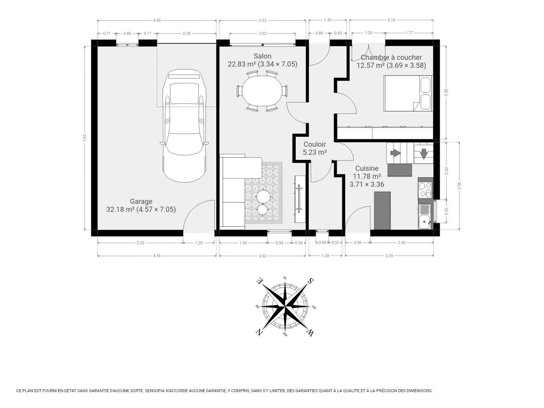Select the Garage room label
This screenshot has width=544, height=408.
pyautogui.click(x=141, y=201)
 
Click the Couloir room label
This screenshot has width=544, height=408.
pyautogui.click(x=315, y=144)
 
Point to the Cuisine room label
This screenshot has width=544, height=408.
pyautogui.click(x=367, y=168)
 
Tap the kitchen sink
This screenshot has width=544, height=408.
pyautogui.click(x=425, y=216)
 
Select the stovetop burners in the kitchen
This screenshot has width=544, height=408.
pyautogui.click(x=425, y=190)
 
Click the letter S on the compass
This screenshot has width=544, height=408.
pyautogui.click(x=311, y=281)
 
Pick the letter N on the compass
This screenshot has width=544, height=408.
pyautogui.click(x=259, y=332)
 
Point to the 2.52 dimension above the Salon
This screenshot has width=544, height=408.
pyautogui.click(x=263, y=33)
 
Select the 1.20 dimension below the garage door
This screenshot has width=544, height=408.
pyautogui.click(x=199, y=243)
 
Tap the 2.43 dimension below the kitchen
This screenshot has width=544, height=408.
pyautogui.click(x=402, y=243)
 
